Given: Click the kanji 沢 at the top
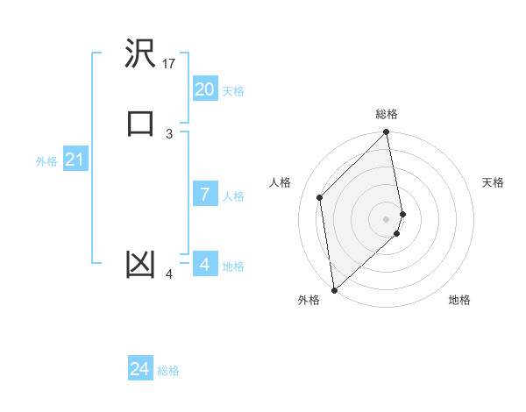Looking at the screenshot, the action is coord(140,55).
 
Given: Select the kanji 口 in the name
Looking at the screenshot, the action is coord(140,124).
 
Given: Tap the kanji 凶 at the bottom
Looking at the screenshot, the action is coord(140,265).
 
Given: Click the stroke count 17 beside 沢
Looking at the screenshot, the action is coord(169,63).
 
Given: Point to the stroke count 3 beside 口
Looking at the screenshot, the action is coord(169,133).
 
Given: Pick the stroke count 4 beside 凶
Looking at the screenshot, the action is coord(169,274).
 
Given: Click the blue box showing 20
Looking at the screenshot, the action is coord(204,89).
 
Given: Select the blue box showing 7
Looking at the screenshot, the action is coord(204,195).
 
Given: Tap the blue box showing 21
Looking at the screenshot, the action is coord(75,160).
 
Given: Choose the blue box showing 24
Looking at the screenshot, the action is coord(139,370).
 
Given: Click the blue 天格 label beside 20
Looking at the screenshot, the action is coord(233,91).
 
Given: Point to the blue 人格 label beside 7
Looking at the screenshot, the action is coord(233,196).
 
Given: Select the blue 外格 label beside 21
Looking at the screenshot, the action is coord(46,161).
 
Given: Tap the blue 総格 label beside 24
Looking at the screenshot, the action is coord(168,372).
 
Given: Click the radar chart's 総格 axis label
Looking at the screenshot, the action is coord(387,114).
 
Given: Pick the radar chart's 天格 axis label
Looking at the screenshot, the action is coord(493,182).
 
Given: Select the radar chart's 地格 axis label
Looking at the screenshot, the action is coord(459,300).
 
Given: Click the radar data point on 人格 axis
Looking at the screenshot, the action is coord(320,197).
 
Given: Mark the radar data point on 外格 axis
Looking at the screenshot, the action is coord(333,289).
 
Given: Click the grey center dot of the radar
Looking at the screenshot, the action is coord(387,218).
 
